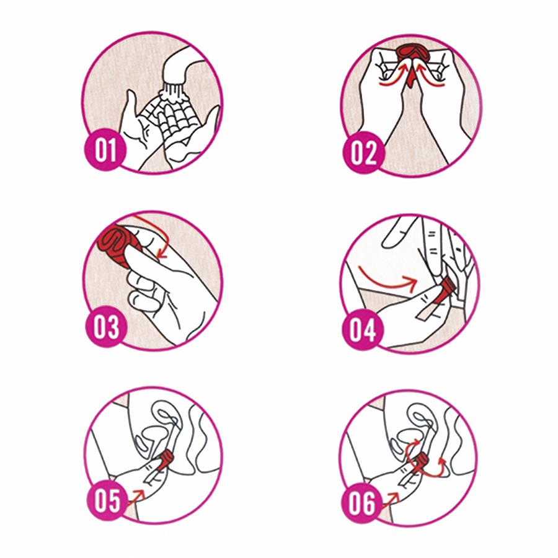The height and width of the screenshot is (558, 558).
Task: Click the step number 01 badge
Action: (105, 150)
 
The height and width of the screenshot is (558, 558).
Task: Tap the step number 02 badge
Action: (364, 153)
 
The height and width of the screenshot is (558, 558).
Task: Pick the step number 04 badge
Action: (363, 330)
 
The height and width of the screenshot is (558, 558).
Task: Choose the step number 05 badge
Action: (107, 500)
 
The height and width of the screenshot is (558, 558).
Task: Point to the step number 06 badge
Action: (361, 503)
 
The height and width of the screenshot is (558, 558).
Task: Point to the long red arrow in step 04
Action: (388, 280)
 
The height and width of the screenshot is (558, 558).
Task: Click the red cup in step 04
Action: (447, 288)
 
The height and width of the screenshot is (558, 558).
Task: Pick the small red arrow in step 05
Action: (136, 496)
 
